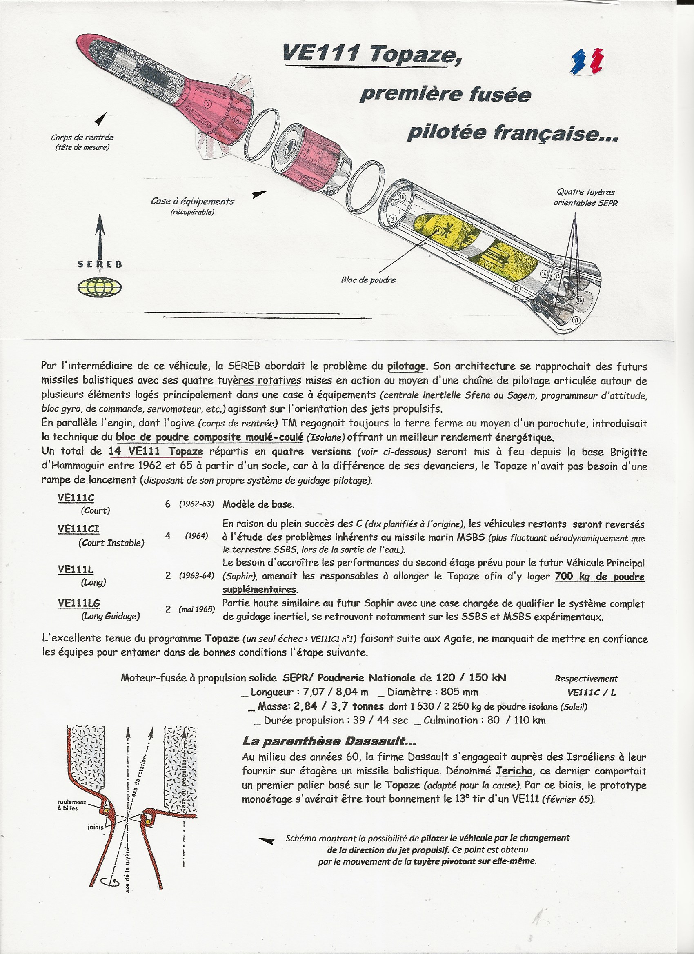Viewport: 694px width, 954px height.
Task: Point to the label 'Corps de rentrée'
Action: (x=82, y=137)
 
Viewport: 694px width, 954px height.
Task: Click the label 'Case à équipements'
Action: (x=192, y=202)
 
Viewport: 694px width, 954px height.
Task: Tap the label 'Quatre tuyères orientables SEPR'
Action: (x=585, y=197)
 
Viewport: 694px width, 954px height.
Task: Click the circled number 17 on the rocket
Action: (x=576, y=320)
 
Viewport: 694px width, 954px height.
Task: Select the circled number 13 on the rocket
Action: (x=517, y=288)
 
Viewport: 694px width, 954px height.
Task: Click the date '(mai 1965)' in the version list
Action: (x=196, y=609)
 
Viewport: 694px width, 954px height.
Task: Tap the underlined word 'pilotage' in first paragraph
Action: (x=406, y=366)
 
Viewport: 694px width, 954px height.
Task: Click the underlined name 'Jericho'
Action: (x=514, y=772)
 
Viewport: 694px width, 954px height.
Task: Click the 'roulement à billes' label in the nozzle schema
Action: (x=71, y=805)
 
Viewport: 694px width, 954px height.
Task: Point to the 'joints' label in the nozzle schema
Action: (x=96, y=827)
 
